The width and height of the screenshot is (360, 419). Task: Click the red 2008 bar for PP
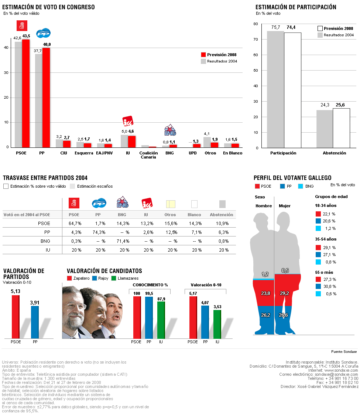coord(46,98)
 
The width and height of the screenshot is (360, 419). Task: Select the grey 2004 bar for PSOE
coord(18,94)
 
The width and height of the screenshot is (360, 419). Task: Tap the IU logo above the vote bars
coord(128,121)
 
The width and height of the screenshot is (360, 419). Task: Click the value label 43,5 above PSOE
coord(26,36)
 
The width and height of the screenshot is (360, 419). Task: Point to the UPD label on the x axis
coord(193,153)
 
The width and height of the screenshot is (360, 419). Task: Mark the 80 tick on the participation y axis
coord(256,24)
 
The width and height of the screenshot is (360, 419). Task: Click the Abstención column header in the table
coord(222,215)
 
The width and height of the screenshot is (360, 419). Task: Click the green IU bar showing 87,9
coord(161,320)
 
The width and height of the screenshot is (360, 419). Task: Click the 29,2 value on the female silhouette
coord(284,293)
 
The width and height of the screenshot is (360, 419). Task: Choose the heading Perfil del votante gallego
coord(292,178)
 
